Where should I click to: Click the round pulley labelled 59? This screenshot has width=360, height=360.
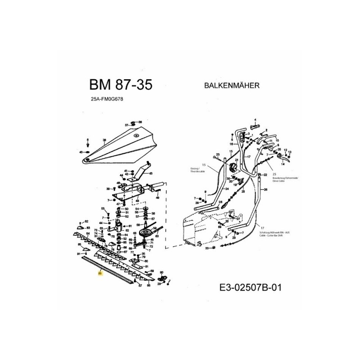pos(147,234)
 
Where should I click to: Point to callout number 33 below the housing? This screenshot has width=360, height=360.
pos(207,248)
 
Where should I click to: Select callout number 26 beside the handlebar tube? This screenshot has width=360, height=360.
pos(265,189)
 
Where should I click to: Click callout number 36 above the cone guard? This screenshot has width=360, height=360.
pos(140,122)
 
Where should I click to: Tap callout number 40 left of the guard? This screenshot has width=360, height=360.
pos(81,152)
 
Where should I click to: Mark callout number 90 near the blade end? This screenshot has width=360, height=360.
pos(158,273)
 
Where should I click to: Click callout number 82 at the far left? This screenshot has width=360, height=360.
pos(87,221)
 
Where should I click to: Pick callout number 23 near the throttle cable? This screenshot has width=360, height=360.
pos(217,154)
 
